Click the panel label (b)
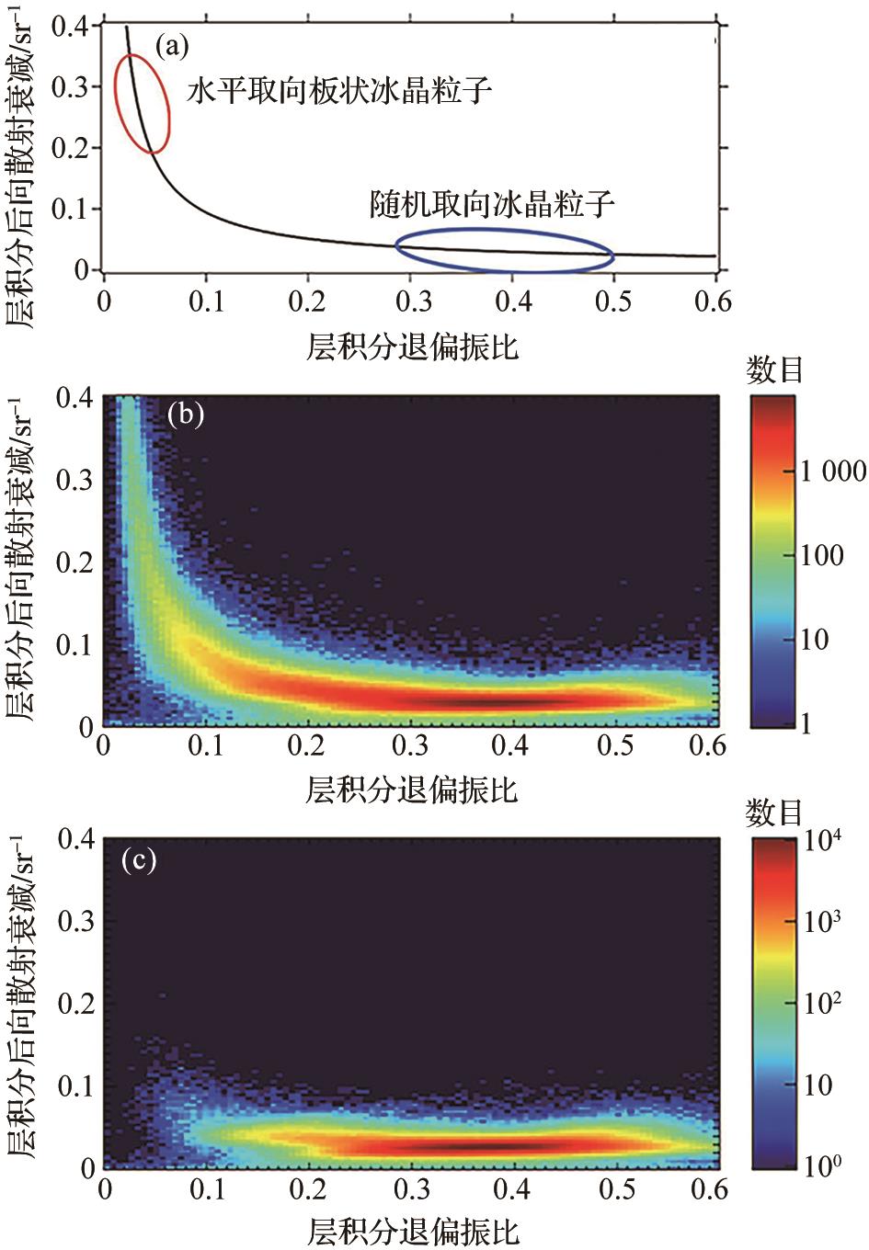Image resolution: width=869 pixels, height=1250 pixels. [x=185, y=415]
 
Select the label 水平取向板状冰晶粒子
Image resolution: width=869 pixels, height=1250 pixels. [x=339, y=91]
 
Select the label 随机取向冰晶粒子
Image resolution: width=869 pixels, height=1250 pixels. [x=491, y=203]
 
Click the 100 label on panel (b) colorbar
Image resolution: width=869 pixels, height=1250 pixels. [x=821, y=555]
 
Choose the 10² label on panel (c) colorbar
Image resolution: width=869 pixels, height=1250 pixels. [x=822, y=1003]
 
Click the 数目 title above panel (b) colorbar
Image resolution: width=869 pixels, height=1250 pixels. [x=774, y=369]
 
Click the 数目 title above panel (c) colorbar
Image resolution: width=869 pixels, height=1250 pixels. [x=774, y=812]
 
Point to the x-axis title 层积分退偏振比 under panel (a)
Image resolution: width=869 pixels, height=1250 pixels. [x=413, y=347]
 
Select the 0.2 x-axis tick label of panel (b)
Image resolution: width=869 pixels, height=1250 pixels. [x=306, y=744]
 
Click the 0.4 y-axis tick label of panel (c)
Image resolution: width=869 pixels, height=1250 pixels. [x=76, y=839]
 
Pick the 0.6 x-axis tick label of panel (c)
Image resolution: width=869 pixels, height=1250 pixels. [x=708, y=1189]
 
